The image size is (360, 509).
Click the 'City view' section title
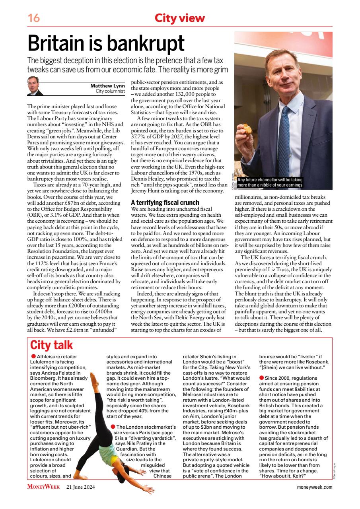(x=180, y=18)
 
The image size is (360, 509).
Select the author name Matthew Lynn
(x=108, y=85)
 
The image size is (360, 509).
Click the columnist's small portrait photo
(x=35, y=86)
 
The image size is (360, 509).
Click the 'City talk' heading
(x=52, y=345)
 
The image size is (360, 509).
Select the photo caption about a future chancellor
(x=270, y=183)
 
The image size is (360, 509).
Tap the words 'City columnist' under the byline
(x=110, y=91)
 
